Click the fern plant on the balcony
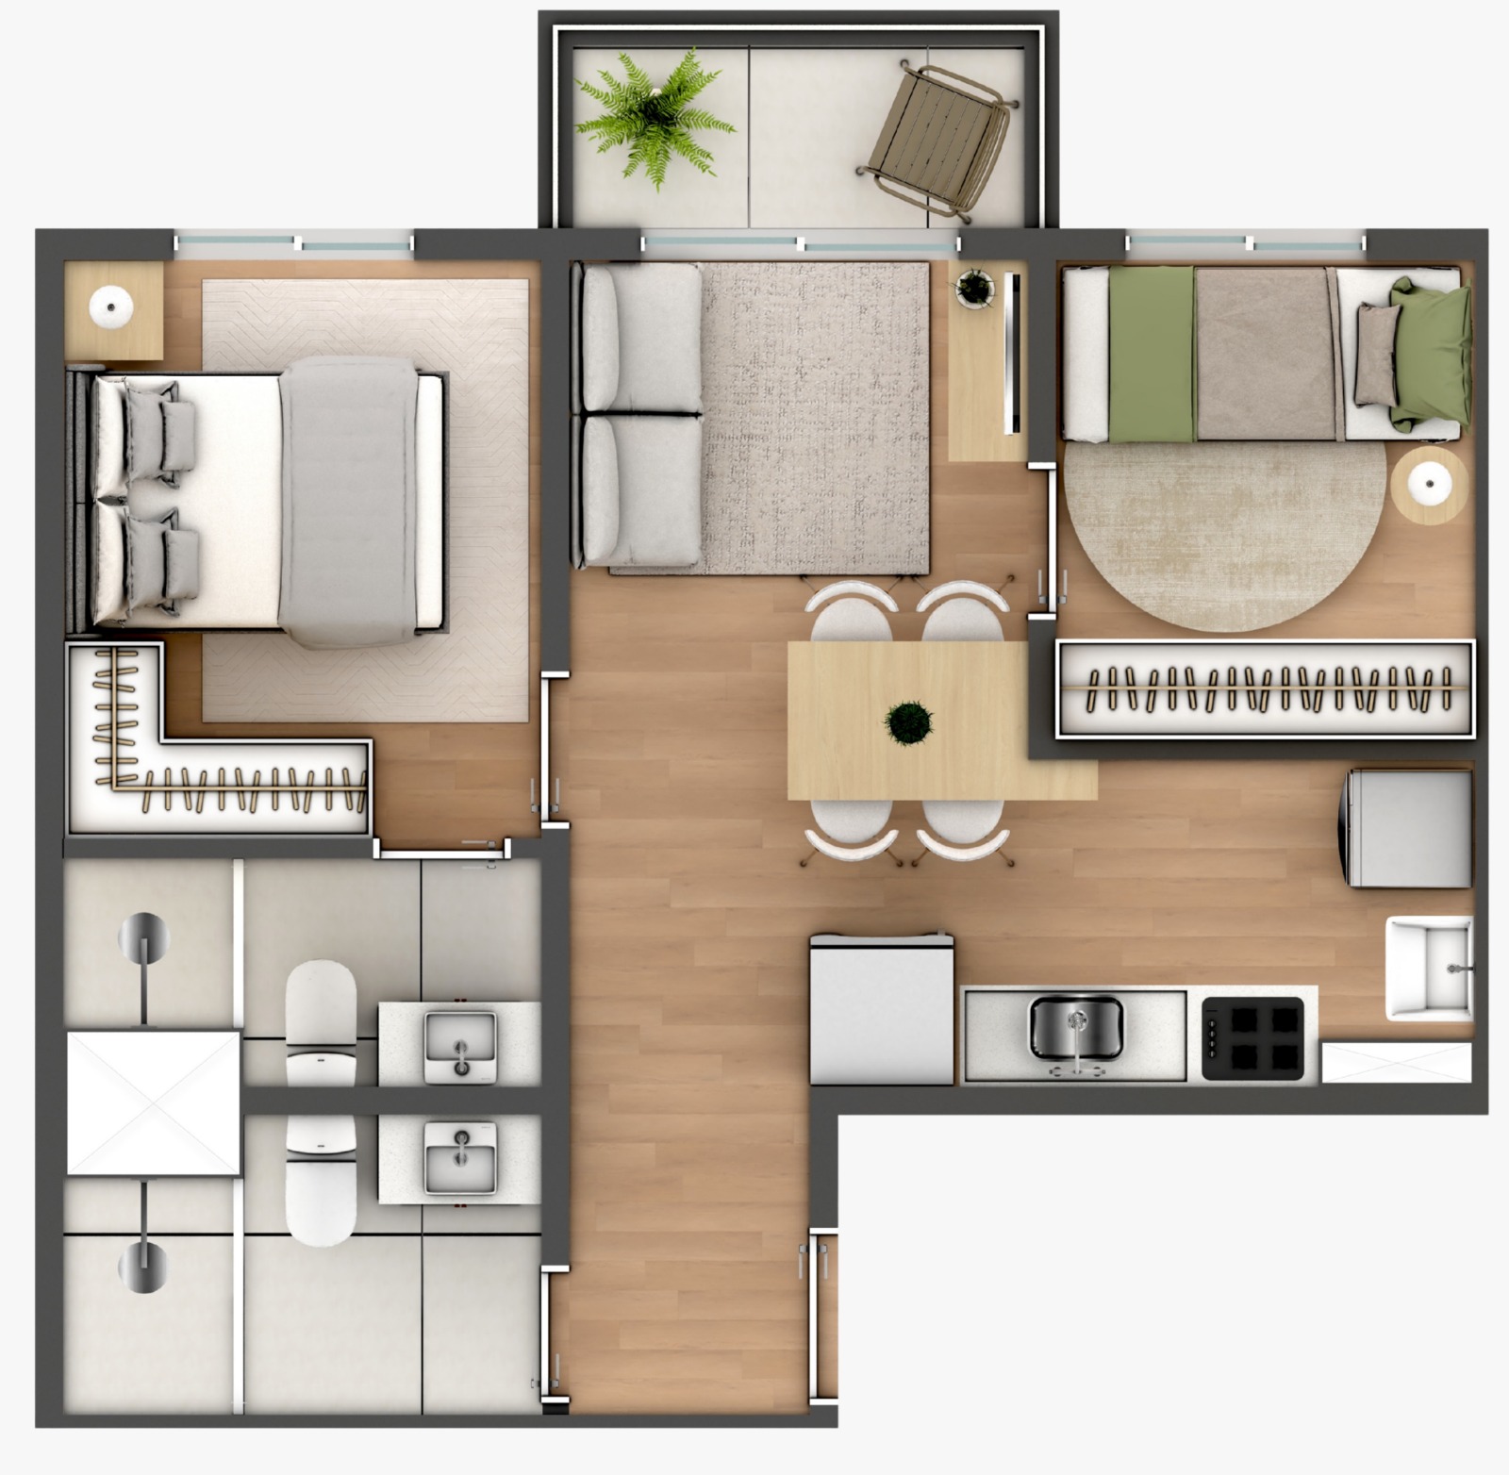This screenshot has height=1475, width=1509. [x=655, y=118]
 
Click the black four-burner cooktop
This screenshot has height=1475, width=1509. [x=1253, y=1038]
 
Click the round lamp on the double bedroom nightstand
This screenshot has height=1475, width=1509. [x=111, y=307]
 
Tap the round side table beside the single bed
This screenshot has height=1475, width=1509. [x=1430, y=485]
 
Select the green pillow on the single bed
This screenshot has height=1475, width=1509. [x=1432, y=354]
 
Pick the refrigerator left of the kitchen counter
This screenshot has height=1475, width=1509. [x=881, y=1010]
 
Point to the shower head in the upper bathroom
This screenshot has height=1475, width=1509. [x=143, y=936]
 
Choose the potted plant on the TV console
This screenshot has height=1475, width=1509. [x=974, y=286]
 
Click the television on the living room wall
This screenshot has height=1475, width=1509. [x=1013, y=354]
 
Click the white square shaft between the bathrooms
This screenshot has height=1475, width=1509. [x=153, y=1102]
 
